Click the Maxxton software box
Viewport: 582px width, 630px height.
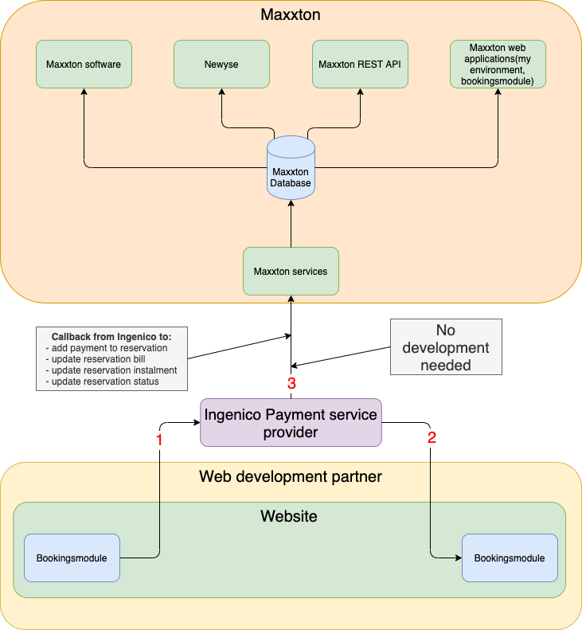(84, 64)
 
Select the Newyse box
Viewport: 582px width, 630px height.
(221, 64)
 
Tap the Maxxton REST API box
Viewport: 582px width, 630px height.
(359, 64)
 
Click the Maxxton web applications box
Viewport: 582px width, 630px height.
(498, 64)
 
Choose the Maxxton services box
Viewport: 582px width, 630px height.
(291, 272)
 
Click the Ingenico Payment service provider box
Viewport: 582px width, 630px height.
(291, 422)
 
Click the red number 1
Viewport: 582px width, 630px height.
(159, 439)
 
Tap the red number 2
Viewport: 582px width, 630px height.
(432, 436)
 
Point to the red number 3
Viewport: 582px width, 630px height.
(291, 383)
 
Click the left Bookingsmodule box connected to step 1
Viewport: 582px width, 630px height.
(72, 558)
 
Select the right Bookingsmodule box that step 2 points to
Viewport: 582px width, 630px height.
(510, 558)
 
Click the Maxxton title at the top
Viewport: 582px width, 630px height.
(291, 14)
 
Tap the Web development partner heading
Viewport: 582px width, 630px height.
(291, 477)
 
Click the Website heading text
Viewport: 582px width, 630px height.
(289, 516)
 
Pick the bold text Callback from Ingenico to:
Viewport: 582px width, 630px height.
(111, 336)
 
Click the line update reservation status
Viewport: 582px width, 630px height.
(103, 382)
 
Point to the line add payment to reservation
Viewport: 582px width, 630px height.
(107, 348)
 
